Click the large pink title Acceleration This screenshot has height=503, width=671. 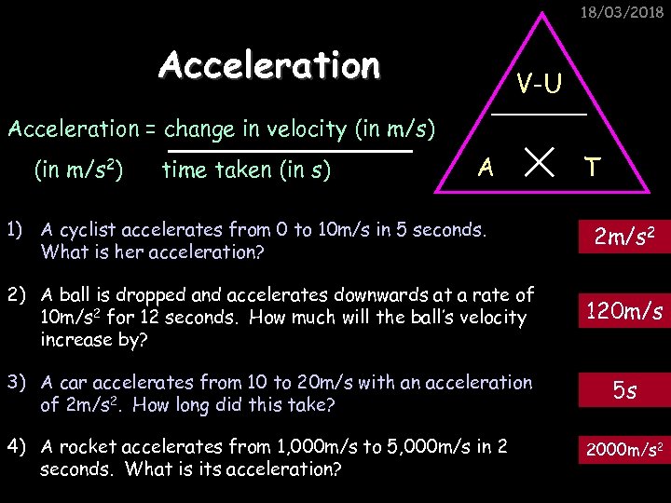click(x=269, y=66)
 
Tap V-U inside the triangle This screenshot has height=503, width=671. click(x=540, y=85)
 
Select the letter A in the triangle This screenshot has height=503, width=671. click(x=485, y=168)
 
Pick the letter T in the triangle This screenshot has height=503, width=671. click(x=592, y=168)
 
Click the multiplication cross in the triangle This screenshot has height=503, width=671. click(x=539, y=166)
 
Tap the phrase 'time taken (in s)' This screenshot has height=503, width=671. click(x=246, y=170)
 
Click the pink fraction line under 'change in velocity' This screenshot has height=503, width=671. click(x=290, y=149)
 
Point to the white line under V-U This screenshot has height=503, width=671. click(x=540, y=114)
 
